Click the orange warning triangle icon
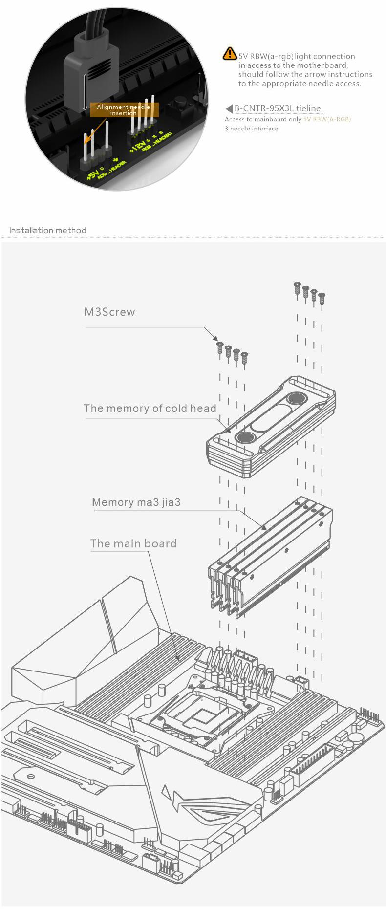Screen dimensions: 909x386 click(229, 54)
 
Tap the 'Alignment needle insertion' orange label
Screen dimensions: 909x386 click(123, 110)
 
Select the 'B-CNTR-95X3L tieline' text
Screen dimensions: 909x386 click(278, 108)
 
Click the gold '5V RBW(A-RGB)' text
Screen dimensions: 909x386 click(327, 119)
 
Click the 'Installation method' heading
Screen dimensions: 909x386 click(48, 230)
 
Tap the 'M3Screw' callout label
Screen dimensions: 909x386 click(109, 312)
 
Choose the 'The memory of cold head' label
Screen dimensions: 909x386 click(150, 409)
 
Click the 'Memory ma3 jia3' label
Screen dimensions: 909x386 click(136, 502)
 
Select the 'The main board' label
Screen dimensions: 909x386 click(133, 543)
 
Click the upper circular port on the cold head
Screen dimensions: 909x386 click(296, 398)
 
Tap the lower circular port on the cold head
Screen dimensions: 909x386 click(244, 437)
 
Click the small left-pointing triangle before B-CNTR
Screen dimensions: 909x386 click(229, 108)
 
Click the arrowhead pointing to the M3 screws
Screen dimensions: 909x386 click(215, 338)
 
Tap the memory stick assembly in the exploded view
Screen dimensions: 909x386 click(271, 557)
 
